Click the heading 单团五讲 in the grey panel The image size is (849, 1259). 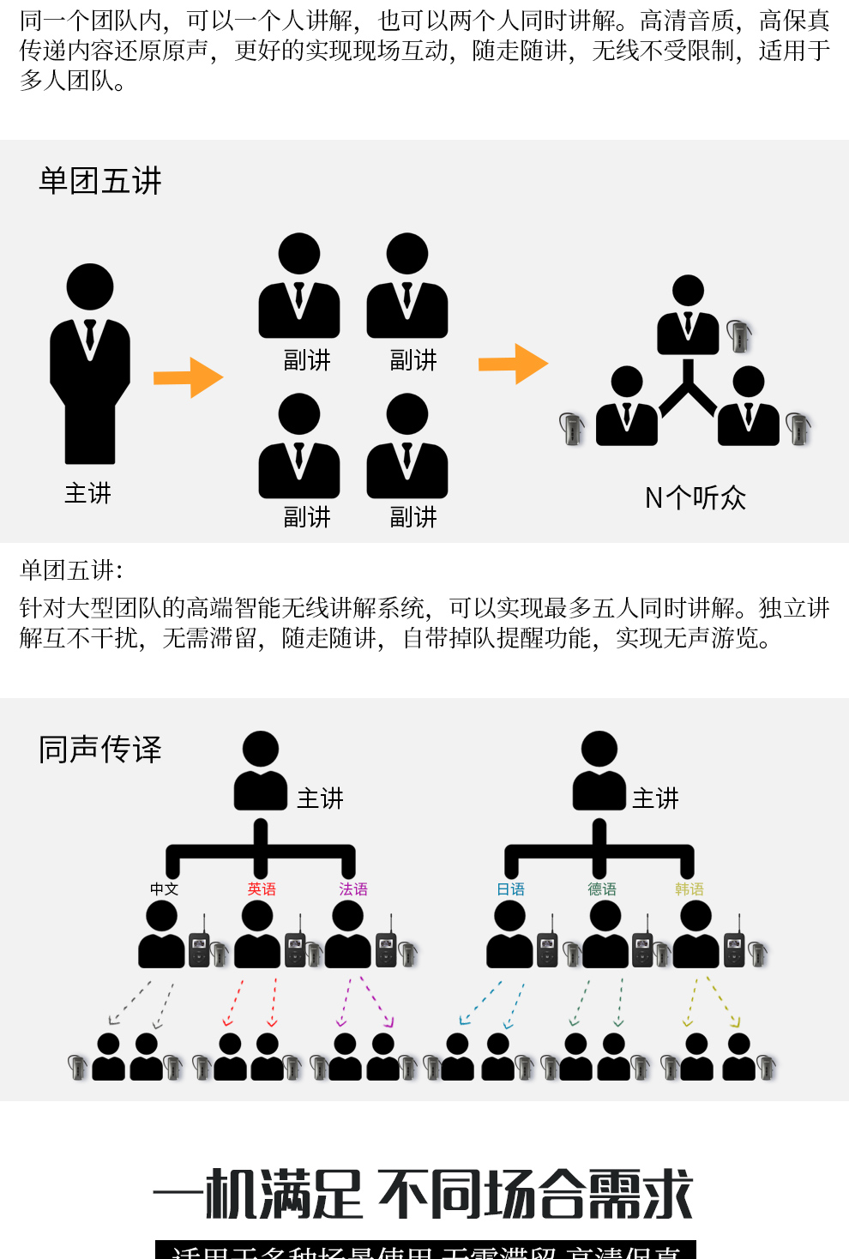coord(100,181)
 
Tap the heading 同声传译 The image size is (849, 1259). coord(100,750)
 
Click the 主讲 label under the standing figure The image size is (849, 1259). coord(88,493)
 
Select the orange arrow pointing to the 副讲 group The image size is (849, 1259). coord(188,377)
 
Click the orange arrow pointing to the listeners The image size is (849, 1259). coord(513,364)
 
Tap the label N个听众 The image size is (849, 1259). coord(695,497)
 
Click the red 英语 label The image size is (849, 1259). coord(262,889)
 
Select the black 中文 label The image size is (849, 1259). coord(164,889)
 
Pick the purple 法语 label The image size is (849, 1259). coord(353,889)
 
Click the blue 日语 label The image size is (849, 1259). coord(511,889)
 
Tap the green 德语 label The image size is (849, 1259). coord(602,889)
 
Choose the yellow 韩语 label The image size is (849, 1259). coord(689,889)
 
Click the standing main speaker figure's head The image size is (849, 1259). coord(90,286)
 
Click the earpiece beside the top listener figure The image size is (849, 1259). coord(738,335)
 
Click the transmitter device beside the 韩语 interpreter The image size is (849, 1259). coord(734,948)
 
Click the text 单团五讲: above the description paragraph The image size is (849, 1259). coord(71,570)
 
